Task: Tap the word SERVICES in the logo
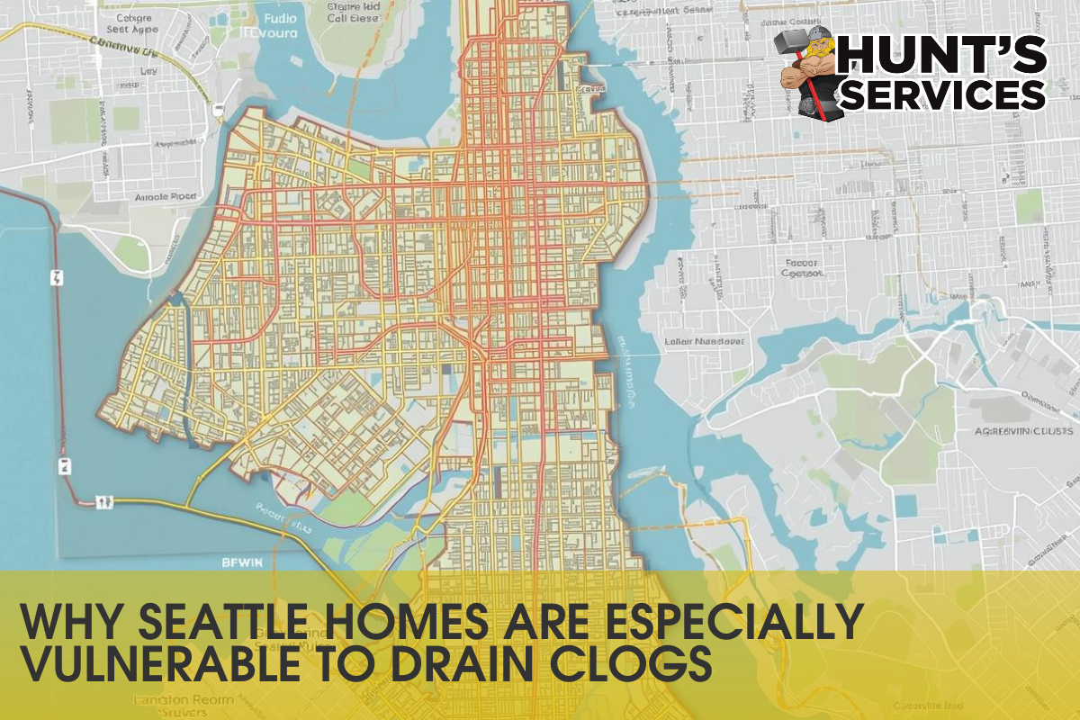942,94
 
